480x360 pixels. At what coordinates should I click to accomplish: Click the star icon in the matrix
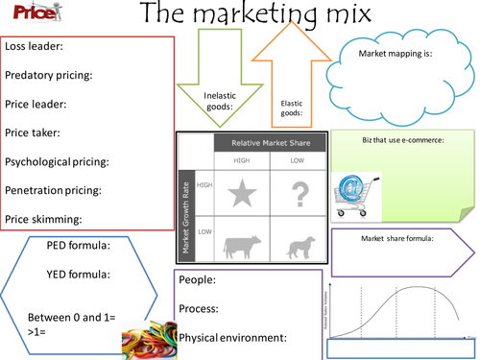(242, 195)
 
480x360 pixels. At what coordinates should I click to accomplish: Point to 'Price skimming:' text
(46, 219)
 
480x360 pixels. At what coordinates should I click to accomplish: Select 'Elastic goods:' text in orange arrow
(292, 108)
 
